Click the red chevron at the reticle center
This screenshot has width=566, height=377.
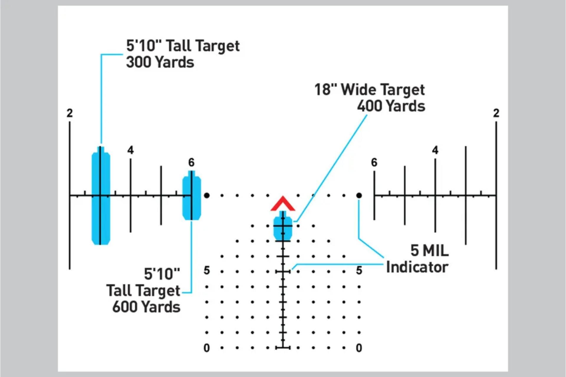coord(283,204)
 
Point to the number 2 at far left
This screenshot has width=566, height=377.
coord(70,113)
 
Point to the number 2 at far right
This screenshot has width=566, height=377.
coord(496,113)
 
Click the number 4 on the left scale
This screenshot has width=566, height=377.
coord(131,150)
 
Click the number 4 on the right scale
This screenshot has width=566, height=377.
coord(435,150)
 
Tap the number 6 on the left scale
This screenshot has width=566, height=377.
coord(192,162)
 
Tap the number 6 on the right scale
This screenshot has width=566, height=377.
coord(374,162)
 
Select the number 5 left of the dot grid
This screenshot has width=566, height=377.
coord(207,270)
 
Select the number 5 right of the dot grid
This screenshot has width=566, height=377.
coord(359,270)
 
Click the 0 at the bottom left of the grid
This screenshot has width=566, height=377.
coord(207,348)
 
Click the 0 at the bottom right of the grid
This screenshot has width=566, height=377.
coord(359,348)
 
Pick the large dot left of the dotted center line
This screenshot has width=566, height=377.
coord(207,195)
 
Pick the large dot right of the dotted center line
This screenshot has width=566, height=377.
coord(359,195)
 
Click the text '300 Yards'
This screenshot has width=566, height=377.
coord(160,62)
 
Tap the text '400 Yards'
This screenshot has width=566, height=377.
coord(391,106)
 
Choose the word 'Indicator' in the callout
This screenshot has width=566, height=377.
coord(417,267)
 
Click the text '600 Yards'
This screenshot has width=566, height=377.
coord(146,307)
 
